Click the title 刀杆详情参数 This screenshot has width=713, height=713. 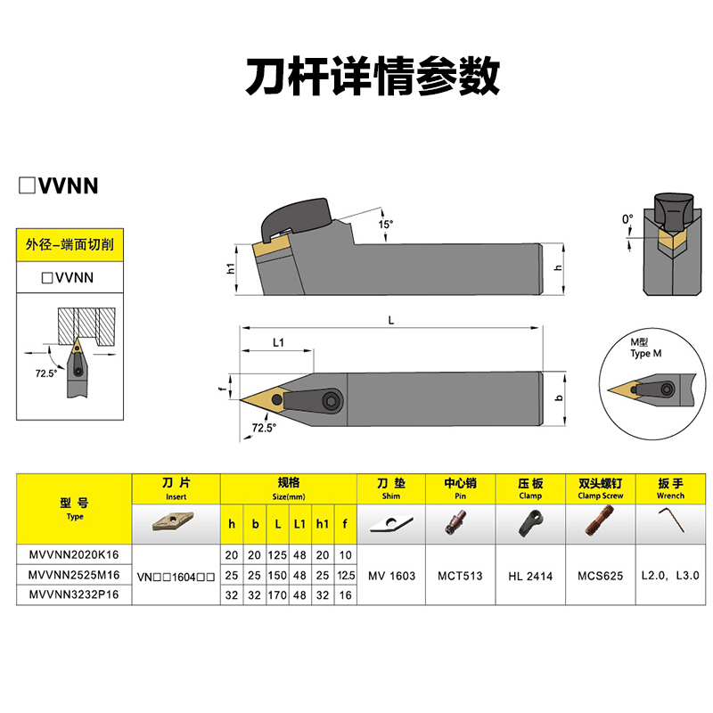[x=373, y=78]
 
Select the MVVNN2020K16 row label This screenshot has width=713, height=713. [x=74, y=555]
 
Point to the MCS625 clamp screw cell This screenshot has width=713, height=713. [x=598, y=576]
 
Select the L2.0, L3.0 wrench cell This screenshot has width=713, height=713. [x=666, y=576]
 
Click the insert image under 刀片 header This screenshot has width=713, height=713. [x=175, y=520]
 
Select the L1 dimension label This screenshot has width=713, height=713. [x=277, y=342]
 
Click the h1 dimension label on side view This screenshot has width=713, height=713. [x=230, y=268]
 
